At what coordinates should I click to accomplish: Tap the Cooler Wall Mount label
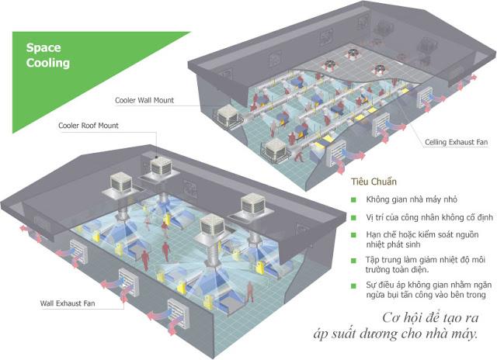144,100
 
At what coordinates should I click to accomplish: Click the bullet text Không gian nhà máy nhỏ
410,199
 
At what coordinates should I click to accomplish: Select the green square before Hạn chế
353,234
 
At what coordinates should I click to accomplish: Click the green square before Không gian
353,199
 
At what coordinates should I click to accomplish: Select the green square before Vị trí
353,216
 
